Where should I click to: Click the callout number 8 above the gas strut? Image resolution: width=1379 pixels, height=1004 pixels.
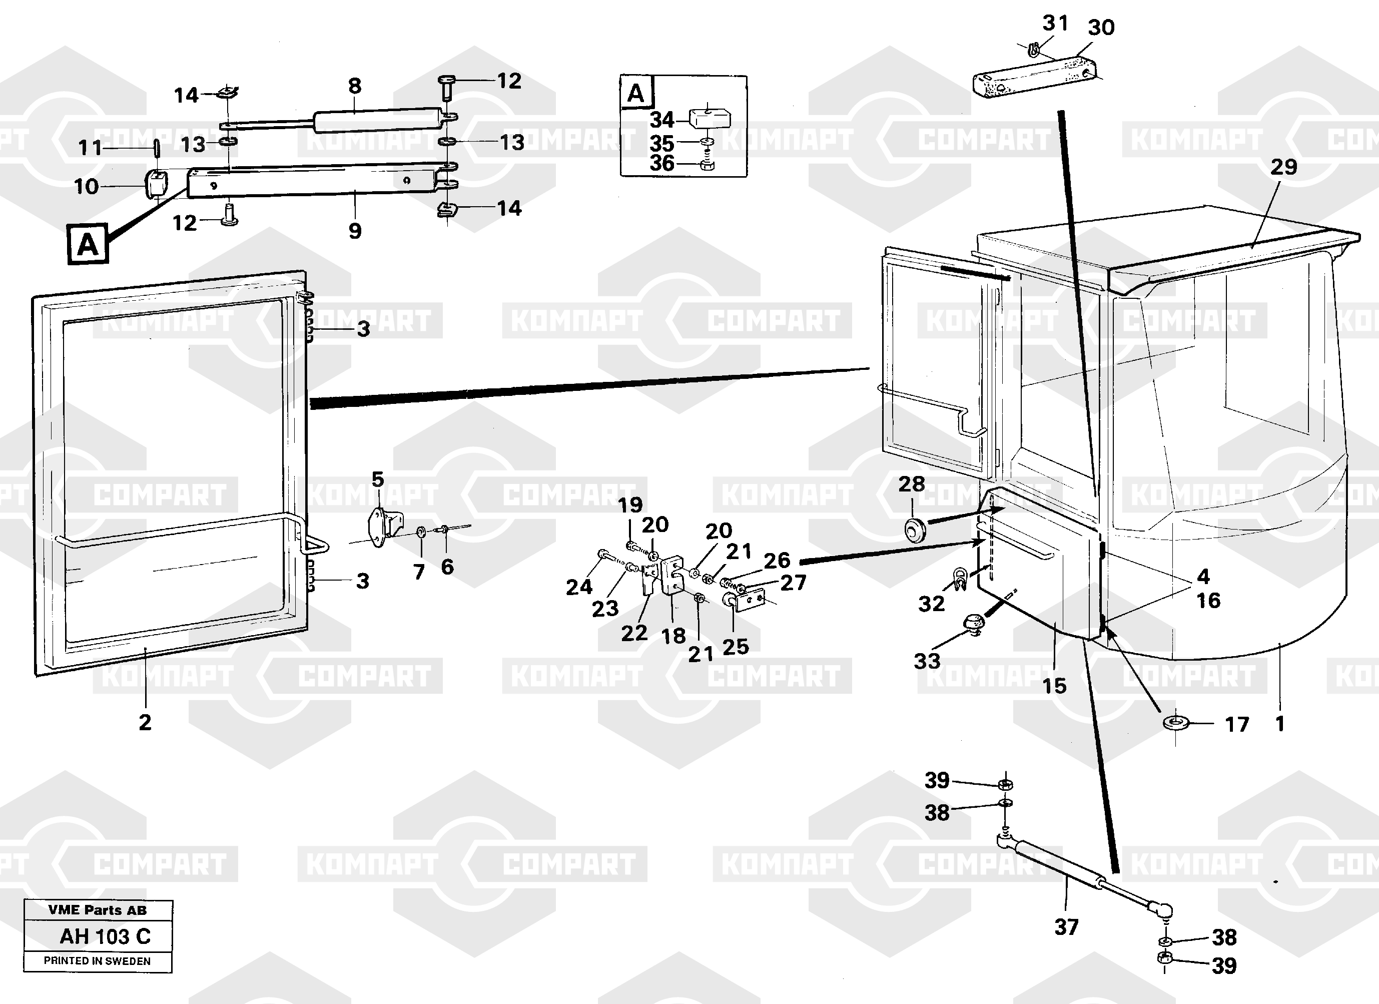click(x=355, y=87)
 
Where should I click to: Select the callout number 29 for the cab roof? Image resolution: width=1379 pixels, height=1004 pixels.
click(x=1283, y=167)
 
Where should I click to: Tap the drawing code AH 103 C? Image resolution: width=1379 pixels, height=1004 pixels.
click(x=105, y=936)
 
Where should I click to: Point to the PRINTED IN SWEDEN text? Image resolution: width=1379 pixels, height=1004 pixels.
click(x=97, y=961)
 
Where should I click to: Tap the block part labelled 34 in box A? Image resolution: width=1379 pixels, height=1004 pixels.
click(x=710, y=118)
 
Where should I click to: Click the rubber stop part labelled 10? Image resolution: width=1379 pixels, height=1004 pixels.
click(x=155, y=184)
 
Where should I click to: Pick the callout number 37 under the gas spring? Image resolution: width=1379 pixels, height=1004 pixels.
click(x=1066, y=927)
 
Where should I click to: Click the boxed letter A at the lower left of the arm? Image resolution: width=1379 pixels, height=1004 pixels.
click(x=88, y=244)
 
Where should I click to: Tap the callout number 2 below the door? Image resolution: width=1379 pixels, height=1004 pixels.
click(x=145, y=722)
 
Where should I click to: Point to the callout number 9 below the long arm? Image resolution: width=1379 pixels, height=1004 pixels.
click(x=355, y=230)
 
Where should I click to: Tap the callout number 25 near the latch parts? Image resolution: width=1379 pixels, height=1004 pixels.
click(x=735, y=647)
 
